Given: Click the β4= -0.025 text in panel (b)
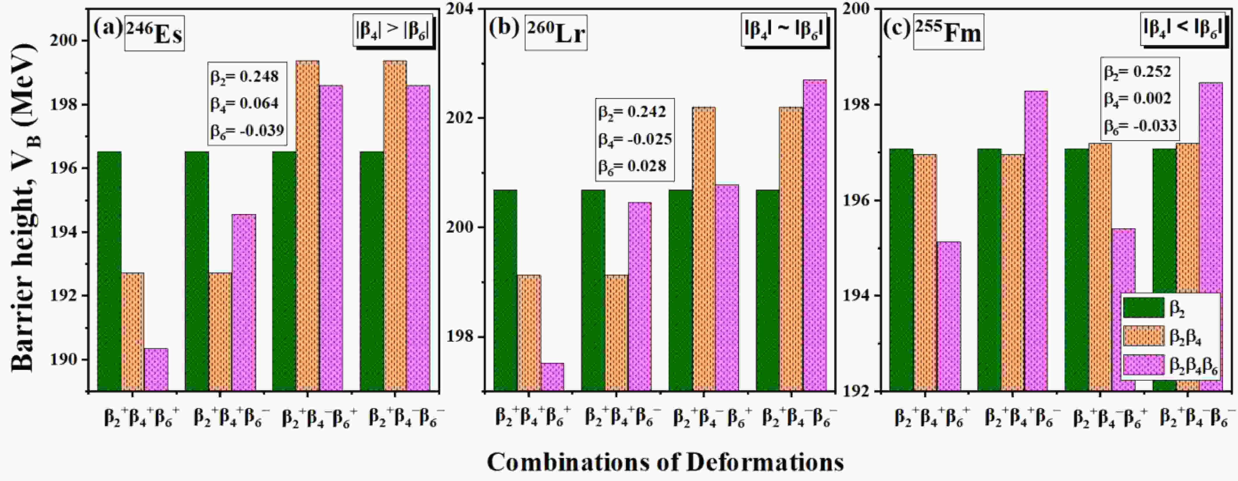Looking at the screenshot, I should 635,139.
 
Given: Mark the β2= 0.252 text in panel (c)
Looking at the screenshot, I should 1137,72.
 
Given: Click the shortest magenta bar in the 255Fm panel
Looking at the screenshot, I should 949,317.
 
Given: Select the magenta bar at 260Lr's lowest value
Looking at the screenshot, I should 552,377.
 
